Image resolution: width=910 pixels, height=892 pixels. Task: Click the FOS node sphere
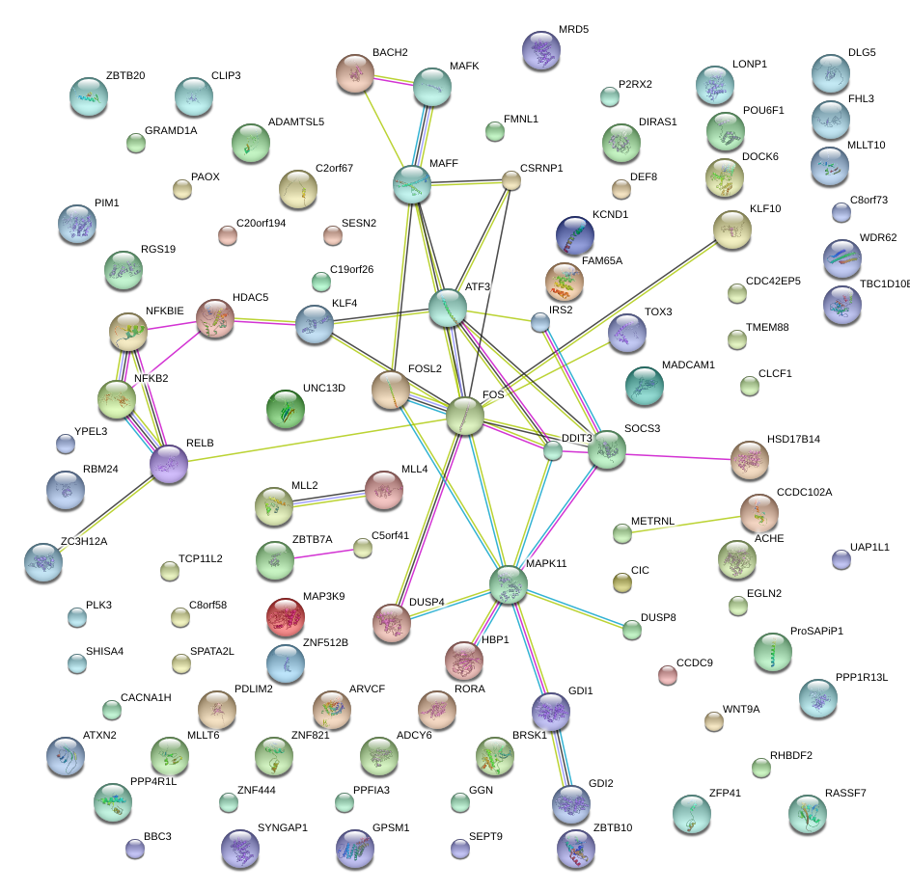coord(464,416)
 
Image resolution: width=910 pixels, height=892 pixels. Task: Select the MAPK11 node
coord(508,584)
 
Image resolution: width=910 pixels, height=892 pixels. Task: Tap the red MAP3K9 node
coord(285,617)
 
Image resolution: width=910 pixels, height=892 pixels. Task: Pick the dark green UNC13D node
coord(285,409)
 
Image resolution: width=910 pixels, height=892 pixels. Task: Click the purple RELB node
coord(169,464)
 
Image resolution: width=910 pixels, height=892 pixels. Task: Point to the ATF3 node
coord(448,308)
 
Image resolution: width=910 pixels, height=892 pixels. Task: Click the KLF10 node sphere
coord(731,230)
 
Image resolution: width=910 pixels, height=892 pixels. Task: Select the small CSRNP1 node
coord(511,180)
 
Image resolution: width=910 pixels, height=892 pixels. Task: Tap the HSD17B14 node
coord(749,459)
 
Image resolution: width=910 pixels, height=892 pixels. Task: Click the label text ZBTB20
coord(125,75)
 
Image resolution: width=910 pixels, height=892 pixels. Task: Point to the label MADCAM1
coord(688,365)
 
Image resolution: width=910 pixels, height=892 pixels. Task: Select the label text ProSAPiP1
coord(815,631)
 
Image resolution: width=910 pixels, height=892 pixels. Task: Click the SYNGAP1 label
coord(282,828)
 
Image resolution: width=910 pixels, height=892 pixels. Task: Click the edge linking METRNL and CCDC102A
coord(690,522)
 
